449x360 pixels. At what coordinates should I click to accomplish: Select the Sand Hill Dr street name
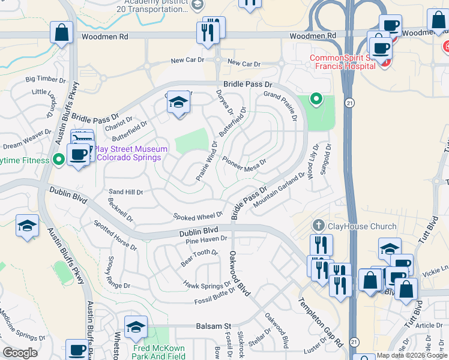click(x=125, y=192)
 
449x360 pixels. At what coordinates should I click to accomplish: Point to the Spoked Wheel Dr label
click(x=198, y=216)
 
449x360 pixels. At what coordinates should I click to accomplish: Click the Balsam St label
click(x=213, y=326)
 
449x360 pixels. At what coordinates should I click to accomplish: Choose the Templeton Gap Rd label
click(x=320, y=322)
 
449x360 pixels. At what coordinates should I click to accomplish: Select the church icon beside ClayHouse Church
click(x=318, y=226)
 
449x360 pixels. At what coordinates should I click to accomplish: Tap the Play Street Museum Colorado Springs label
click(x=128, y=153)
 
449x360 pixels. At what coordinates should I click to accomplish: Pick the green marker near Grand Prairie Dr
click(x=315, y=98)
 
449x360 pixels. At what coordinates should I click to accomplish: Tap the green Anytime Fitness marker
click(x=58, y=159)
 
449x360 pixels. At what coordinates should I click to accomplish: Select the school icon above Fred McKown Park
click(x=136, y=326)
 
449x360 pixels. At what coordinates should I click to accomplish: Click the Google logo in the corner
click(x=20, y=353)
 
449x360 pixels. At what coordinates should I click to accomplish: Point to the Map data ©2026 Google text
click(x=411, y=355)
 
